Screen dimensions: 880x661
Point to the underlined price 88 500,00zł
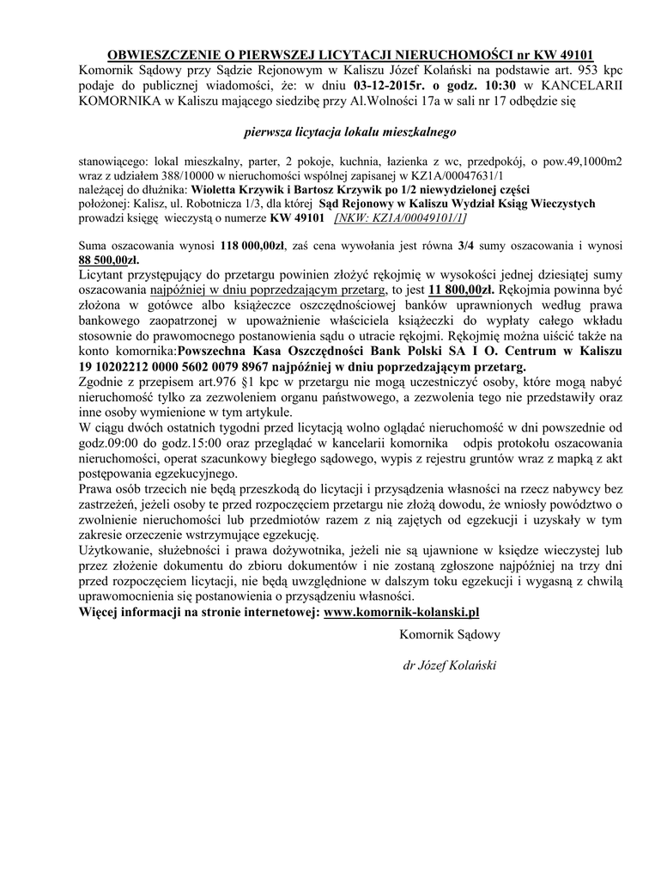108,259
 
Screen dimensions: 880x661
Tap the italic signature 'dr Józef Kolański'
449,664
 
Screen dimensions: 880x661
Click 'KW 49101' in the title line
567,54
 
